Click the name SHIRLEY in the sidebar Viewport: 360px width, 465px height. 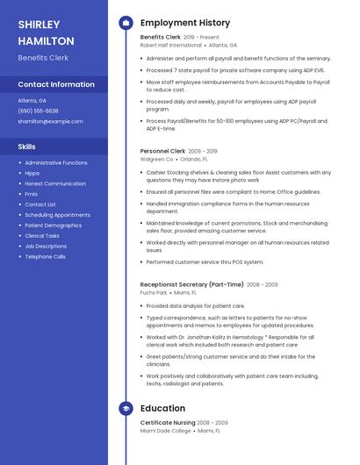point(39,25)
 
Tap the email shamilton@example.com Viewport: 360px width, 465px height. point(50,121)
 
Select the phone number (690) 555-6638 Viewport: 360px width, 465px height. point(38,111)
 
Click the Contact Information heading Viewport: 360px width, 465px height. point(56,84)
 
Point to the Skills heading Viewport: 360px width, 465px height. point(27,147)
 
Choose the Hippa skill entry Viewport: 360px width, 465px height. point(32,173)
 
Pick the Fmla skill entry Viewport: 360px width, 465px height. point(31,194)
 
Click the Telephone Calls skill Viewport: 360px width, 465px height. point(45,257)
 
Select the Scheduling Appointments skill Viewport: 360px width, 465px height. point(57,215)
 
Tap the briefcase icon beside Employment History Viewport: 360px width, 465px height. point(126,23)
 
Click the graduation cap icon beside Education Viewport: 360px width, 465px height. point(126,409)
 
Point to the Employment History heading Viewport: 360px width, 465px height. point(184,23)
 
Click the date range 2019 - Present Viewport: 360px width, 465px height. point(201,38)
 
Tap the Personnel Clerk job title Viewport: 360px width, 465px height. point(162,151)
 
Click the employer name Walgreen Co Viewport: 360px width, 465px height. point(156,159)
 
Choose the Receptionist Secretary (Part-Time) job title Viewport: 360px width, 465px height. point(191,284)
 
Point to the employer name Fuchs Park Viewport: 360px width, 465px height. point(154,292)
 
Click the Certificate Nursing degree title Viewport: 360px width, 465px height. point(169,423)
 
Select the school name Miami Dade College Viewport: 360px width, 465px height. point(165,431)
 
